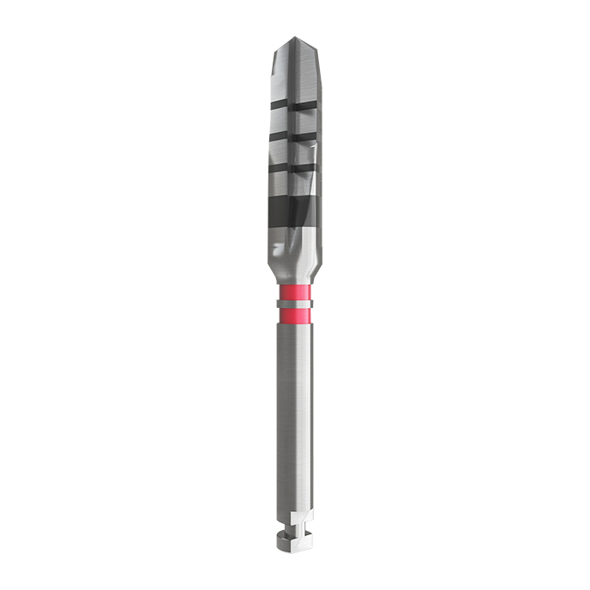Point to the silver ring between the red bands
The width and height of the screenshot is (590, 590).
[295, 304]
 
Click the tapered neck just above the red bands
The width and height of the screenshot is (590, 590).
[295, 270]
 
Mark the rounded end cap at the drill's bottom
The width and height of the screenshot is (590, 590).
[295, 540]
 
